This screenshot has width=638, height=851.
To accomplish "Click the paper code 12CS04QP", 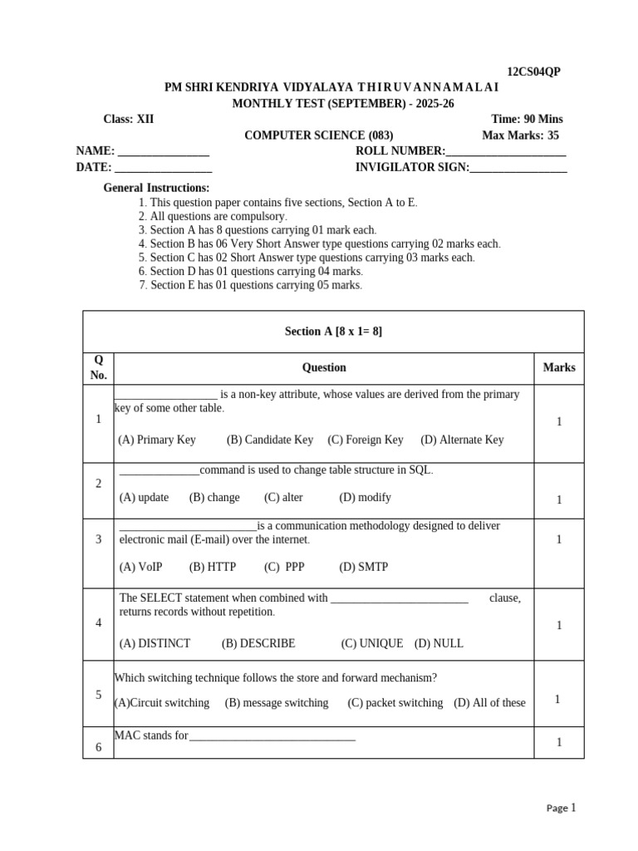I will pyautogui.click(x=533, y=71).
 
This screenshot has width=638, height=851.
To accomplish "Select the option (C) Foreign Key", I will pyautogui.click(x=365, y=440).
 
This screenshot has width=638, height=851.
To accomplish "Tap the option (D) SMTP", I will pyautogui.click(x=363, y=567).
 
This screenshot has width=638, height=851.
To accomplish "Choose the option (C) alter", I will pyautogui.click(x=283, y=497).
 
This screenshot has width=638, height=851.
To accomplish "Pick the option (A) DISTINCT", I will pyautogui.click(x=155, y=643).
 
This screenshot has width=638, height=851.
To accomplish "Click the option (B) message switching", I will pyautogui.click(x=276, y=702).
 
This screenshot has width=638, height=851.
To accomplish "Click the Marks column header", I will pyautogui.click(x=558, y=367).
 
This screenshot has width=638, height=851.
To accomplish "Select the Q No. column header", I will pyautogui.click(x=99, y=367).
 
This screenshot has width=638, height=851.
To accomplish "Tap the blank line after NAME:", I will pyautogui.click(x=164, y=151).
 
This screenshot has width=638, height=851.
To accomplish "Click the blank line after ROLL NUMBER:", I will pyautogui.click(x=506, y=151).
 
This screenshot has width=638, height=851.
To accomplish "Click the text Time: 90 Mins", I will pyautogui.click(x=527, y=119).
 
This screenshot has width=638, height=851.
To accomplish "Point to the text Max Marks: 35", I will pyautogui.click(x=520, y=135).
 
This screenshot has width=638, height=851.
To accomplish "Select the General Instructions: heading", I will pyautogui.click(x=156, y=188).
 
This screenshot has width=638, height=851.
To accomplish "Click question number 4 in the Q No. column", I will pyautogui.click(x=99, y=622).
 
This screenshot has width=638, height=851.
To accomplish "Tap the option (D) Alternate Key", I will pyautogui.click(x=462, y=440).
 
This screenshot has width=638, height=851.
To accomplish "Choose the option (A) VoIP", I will pyautogui.click(x=140, y=567).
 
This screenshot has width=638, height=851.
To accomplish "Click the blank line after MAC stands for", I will pyautogui.click(x=272, y=735).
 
